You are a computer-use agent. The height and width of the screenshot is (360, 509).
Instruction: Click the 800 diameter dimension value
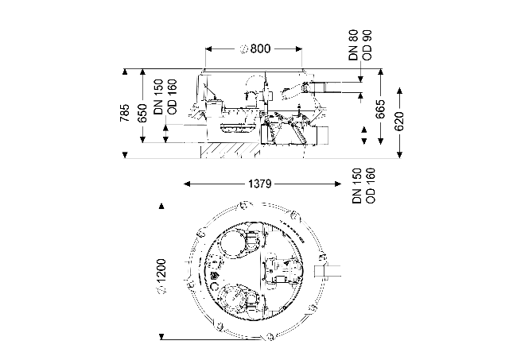(x=260, y=48)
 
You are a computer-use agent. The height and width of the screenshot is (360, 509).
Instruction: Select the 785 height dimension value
(x=125, y=113)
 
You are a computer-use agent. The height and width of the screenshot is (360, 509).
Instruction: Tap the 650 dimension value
(x=142, y=113)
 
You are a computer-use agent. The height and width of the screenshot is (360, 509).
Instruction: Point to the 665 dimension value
(x=380, y=109)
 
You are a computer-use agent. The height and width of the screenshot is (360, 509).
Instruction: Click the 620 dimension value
(x=399, y=121)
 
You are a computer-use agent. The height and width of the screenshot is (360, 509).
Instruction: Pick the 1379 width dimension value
(x=260, y=184)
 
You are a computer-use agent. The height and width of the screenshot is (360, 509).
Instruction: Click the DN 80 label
(x=353, y=45)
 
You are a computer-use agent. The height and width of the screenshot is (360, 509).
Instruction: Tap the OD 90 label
(x=367, y=45)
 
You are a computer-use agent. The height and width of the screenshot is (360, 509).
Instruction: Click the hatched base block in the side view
(x=231, y=150)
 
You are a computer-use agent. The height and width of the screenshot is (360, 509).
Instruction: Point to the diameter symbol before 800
(x=244, y=49)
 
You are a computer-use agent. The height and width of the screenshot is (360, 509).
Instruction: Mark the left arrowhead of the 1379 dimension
(x=187, y=184)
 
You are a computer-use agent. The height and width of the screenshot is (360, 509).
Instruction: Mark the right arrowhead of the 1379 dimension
(x=337, y=184)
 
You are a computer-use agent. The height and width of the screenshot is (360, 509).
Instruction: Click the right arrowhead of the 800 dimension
(x=299, y=49)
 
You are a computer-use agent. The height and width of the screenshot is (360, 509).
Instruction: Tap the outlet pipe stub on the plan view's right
(x=328, y=270)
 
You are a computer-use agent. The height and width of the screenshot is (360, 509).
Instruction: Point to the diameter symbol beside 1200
(x=161, y=290)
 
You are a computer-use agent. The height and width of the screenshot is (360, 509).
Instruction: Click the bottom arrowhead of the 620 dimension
(x=399, y=155)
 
